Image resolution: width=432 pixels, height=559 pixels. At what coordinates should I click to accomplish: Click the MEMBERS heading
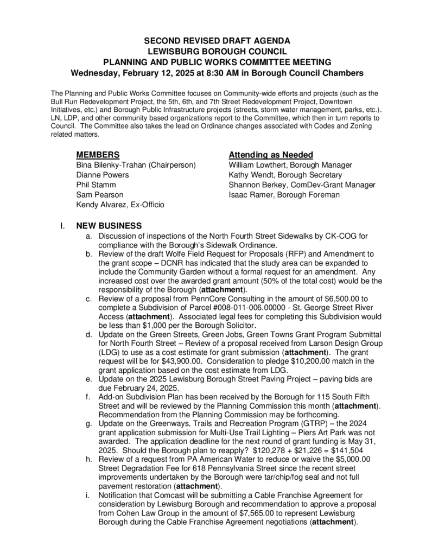tap(98, 155)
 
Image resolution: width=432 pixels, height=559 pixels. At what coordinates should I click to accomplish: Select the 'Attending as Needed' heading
tap(271, 155)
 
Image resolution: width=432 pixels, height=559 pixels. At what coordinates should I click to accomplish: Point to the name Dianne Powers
tap(103, 175)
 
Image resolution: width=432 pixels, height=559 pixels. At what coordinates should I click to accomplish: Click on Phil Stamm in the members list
tap(96, 185)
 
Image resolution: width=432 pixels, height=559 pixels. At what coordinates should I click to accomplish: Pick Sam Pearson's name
tap(99, 194)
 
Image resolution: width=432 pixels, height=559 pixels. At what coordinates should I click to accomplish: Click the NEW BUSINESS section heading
tap(109, 226)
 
